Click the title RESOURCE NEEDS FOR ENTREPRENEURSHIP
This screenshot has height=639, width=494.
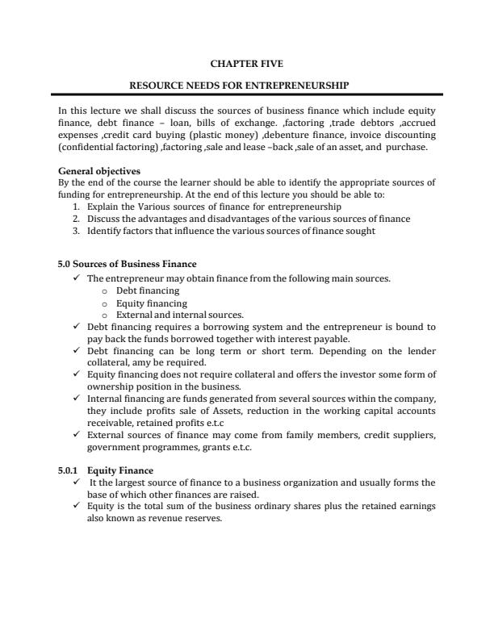coord(246,85)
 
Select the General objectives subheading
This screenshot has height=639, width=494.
coord(99,172)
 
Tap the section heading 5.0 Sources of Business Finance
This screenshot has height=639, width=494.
coord(127,265)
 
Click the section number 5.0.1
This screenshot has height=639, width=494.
coord(69,470)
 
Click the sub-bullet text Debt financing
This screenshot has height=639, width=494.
coord(148,290)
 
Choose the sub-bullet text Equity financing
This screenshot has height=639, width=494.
coord(152,303)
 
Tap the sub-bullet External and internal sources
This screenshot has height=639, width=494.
coord(180,315)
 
